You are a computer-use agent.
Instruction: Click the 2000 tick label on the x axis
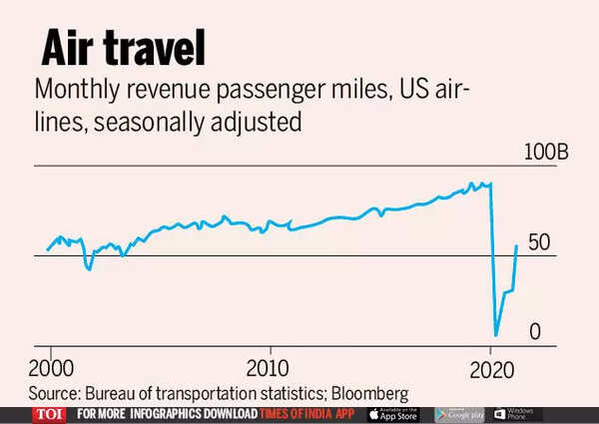49,363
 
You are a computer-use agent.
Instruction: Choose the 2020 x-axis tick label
489,363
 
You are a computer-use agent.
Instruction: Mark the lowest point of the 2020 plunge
496,335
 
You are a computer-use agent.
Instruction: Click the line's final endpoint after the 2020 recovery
516,245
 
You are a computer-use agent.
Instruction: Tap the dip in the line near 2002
90,268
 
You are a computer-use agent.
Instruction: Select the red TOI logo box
48,414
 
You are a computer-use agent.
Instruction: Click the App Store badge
393,414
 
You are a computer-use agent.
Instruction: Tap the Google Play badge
459,414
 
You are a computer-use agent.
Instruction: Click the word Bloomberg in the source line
364,391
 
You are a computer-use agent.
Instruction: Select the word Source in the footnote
54,391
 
